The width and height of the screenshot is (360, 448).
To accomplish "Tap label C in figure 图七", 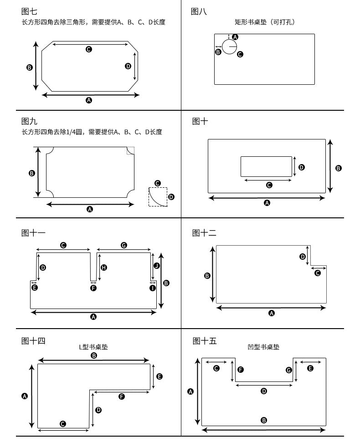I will coord(89,49).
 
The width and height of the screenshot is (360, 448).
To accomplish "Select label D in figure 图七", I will coord(128,66).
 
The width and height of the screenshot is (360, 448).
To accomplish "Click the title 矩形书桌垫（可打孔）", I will coord(264,22).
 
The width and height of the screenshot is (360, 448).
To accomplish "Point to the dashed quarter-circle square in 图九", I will coord(158,196).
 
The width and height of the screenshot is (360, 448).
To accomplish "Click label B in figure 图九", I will coord(32,173).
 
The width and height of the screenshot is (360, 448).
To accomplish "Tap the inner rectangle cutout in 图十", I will coord(266,166).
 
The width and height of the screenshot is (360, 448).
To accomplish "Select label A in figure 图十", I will coord(267,203).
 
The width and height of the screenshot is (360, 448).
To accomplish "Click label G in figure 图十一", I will coord(124,245).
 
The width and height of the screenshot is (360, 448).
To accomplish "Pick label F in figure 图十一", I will coord(93,288).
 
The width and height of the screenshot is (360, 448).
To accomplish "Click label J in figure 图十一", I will coord(156,265).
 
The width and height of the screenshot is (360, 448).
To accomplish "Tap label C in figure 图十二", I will coord(318,273).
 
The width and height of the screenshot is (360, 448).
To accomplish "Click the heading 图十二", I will coord(204,233).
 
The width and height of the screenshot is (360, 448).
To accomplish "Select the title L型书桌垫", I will coord(93,347).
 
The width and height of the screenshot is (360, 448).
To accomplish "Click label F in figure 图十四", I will coord(122,397).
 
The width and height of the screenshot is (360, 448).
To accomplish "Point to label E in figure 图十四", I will coord(159,376).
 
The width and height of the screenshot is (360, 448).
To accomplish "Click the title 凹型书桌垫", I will coord(263,347).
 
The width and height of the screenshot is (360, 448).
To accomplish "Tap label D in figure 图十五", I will coord(264,391).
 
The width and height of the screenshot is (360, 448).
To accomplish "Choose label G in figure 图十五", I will coord(289,370).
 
